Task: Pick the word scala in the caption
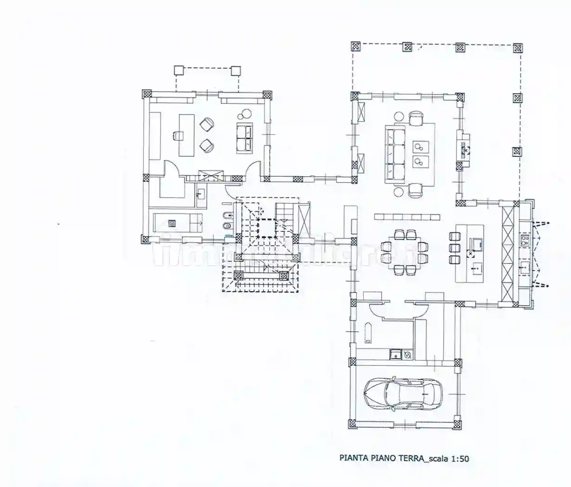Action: click(438, 459)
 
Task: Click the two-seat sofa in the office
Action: click(245, 138)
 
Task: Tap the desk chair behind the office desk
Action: click(177, 135)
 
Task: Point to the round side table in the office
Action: click(245, 112)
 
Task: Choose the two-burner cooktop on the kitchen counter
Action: click(525, 240)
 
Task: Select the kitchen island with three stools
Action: click(469, 253)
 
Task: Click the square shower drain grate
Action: click(172, 223)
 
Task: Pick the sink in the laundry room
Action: click(396, 355)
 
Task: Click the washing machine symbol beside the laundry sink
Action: click(407, 355)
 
